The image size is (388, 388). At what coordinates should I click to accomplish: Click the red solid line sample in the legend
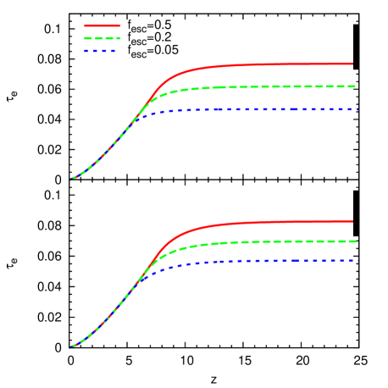[x=103, y=25]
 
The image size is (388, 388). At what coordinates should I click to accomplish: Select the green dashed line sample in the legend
[x=103, y=38]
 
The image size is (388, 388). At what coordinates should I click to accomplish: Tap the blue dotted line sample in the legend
[x=99, y=51]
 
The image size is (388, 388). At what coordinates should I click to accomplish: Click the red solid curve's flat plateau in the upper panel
[x=271, y=64]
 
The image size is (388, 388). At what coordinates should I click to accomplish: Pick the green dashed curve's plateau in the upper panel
[x=271, y=86]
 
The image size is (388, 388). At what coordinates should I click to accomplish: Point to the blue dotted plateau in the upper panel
[x=271, y=109]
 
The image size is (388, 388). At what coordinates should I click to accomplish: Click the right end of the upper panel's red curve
[x=352, y=64]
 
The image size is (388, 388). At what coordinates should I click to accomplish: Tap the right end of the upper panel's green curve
[x=358, y=86]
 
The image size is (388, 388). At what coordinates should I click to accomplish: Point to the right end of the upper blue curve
[x=358, y=109]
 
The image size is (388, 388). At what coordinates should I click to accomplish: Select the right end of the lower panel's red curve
[x=352, y=221]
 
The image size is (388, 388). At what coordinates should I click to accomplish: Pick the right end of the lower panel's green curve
[x=358, y=241]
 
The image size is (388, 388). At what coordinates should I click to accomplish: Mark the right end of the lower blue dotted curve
[x=358, y=260]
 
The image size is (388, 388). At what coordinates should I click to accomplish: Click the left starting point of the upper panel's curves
[x=71, y=179]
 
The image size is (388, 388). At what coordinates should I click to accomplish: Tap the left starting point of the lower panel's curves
[x=71, y=346]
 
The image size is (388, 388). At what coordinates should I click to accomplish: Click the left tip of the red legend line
[x=85, y=25]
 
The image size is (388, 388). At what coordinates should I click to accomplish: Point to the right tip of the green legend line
[x=120, y=38]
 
